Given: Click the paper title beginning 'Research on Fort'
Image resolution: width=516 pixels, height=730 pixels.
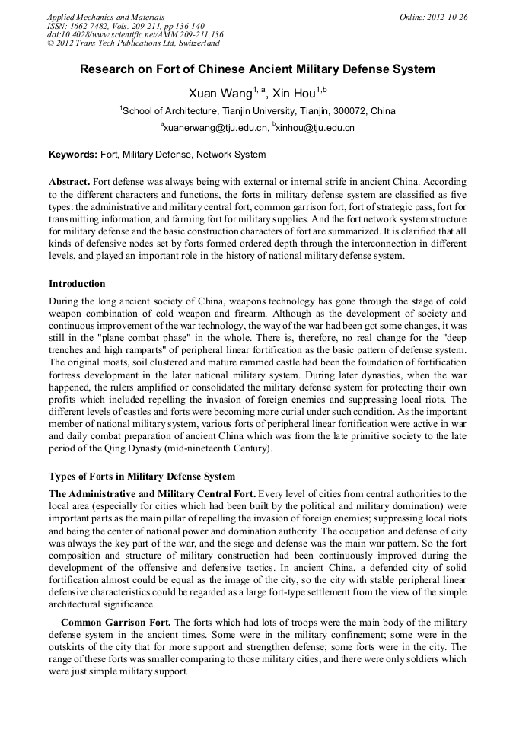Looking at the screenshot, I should coord(258,69).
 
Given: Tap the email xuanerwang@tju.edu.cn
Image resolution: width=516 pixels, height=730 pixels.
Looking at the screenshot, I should coord(215,128).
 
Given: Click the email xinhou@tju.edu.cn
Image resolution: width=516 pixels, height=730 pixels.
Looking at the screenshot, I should coord(314,128).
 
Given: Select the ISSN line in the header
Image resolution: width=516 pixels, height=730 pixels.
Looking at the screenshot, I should coord(126,25).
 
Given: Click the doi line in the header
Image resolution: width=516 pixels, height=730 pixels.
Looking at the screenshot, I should coord(135,34).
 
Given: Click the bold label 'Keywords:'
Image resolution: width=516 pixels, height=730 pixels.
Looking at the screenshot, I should coord(73,155).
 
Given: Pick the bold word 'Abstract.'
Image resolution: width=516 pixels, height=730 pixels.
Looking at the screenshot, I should coord(69,183).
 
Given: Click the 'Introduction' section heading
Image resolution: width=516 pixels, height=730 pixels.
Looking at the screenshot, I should coord(77,284).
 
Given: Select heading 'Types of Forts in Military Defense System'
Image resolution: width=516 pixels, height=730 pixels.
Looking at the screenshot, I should coord(142,477).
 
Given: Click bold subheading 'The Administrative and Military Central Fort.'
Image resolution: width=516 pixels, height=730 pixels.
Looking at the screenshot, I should coord(152,493).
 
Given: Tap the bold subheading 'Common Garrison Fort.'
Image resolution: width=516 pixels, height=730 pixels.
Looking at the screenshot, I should coord(116,622).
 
